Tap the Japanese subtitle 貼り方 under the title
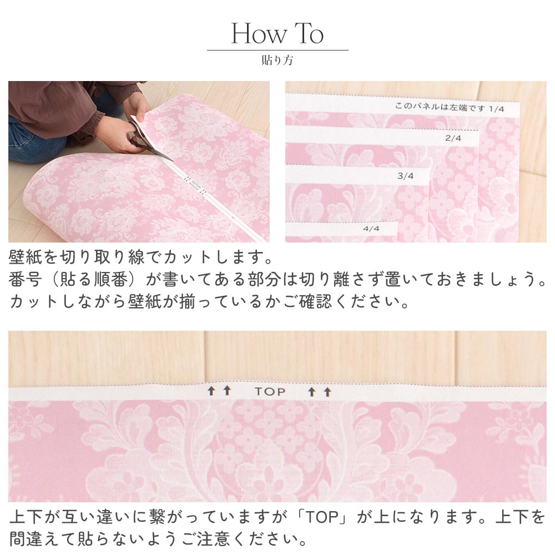(x=277, y=60)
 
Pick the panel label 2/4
(x=454, y=138)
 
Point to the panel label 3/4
(x=406, y=176)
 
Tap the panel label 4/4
(x=371, y=228)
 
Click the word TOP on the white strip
(x=270, y=392)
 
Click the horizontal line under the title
(x=277, y=51)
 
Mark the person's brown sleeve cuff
(x=95, y=125)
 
